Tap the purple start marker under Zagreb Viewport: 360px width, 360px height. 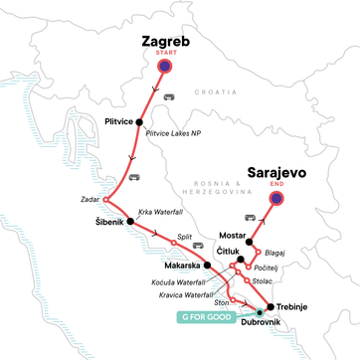coord(165,65)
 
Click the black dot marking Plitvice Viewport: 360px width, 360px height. coord(153,121)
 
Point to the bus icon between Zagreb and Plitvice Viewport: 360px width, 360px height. coord(168,96)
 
